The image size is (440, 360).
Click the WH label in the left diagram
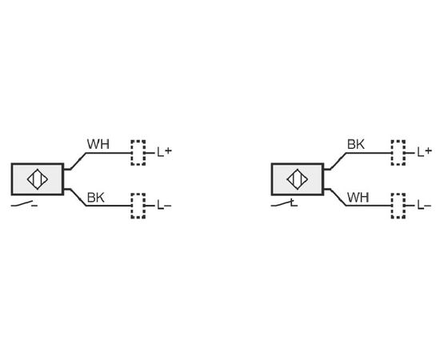click(98, 144)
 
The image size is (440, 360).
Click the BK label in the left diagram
click(96, 198)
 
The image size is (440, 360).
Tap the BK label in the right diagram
click(356, 144)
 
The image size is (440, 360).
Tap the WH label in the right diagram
click(358, 198)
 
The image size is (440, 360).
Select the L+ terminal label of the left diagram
click(165, 152)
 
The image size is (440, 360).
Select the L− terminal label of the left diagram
click(164, 205)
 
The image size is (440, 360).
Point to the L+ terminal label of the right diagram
click(425, 152)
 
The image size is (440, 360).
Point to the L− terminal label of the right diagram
click(424, 205)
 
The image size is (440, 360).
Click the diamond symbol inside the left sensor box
click(38, 179)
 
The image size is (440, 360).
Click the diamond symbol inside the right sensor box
click(298, 179)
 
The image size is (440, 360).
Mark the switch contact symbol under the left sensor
click(24, 204)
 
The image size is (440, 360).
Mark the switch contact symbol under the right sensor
click(284, 203)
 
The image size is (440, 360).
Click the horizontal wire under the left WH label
click(109, 153)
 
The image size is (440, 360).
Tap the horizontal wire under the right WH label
click(369, 206)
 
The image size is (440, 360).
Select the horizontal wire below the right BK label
click(369, 153)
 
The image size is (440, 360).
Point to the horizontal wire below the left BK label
click(109, 206)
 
